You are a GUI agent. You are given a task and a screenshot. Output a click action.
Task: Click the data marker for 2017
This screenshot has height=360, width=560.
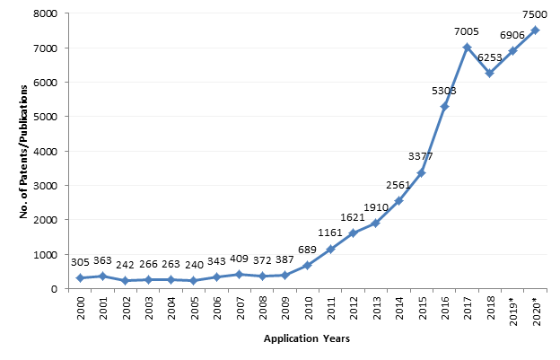(x=467, y=47)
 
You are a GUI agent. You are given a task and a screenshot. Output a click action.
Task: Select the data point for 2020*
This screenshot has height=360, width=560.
(x=535, y=30)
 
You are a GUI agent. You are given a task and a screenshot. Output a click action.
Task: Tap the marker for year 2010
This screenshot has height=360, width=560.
(x=308, y=265)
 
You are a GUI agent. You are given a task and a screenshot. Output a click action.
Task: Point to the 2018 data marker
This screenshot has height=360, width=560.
(x=489, y=73)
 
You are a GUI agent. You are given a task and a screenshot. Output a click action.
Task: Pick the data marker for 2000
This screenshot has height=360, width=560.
(x=81, y=278)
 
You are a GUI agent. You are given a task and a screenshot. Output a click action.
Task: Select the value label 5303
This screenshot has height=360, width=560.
(x=444, y=90)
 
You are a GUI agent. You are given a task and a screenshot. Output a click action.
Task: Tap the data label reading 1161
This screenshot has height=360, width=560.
(x=330, y=233)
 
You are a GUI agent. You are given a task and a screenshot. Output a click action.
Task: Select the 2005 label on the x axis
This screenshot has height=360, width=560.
(x=195, y=308)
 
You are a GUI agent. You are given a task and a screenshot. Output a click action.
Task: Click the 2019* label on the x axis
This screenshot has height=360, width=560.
(x=512, y=311)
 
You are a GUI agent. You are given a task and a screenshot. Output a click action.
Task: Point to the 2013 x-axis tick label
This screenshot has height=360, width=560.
(x=376, y=308)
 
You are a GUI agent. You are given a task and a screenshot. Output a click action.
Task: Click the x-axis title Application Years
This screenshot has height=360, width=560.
(x=307, y=338)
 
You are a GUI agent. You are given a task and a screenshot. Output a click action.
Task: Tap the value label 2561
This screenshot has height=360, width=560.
(x=398, y=185)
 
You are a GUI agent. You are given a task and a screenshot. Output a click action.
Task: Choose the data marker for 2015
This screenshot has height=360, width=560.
(x=421, y=172)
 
